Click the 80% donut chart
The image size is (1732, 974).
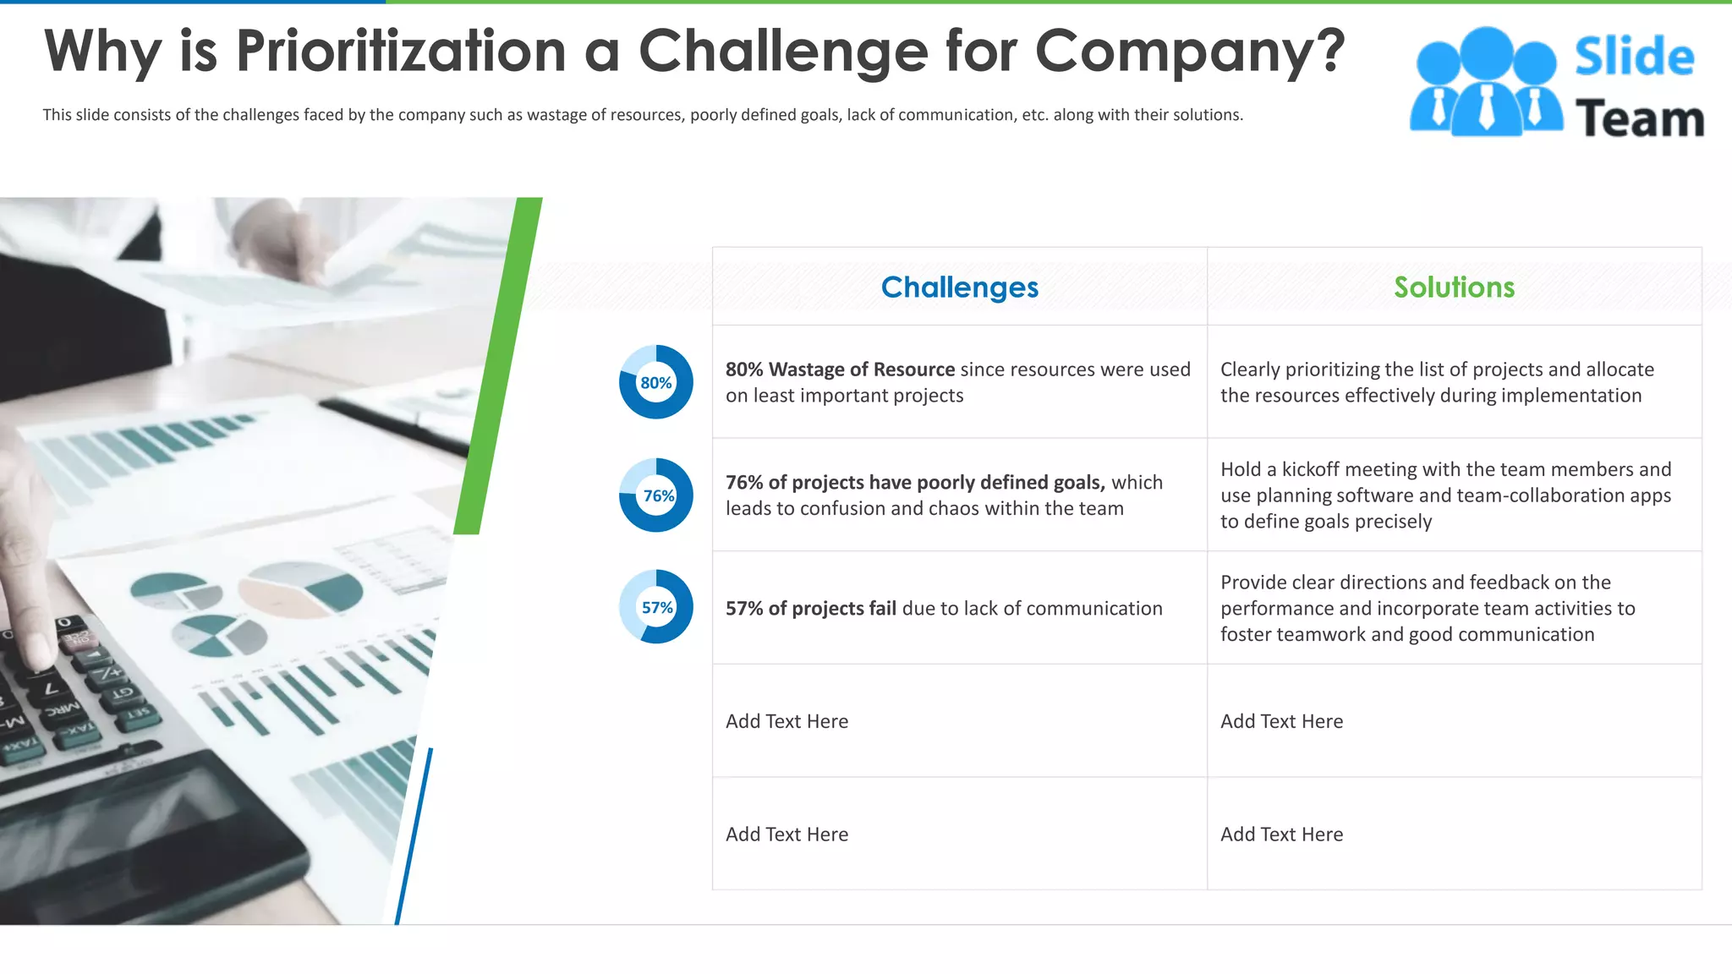[x=655, y=382]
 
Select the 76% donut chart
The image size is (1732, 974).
[x=655, y=495]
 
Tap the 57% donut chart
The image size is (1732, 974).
[x=655, y=607]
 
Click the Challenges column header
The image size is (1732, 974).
[x=959, y=287]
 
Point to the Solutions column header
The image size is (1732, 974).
[x=1454, y=287]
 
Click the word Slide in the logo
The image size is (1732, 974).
[x=1634, y=57]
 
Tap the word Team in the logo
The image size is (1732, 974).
[x=1639, y=118]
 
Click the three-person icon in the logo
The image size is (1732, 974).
[x=1485, y=83]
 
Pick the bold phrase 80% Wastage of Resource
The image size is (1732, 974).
[x=840, y=369]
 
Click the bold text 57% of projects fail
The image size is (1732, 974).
[x=810, y=609]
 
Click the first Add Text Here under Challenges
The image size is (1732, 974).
[x=787, y=721]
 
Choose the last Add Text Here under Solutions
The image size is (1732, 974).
[x=1281, y=834]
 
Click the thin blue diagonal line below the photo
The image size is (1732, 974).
[x=414, y=837]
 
